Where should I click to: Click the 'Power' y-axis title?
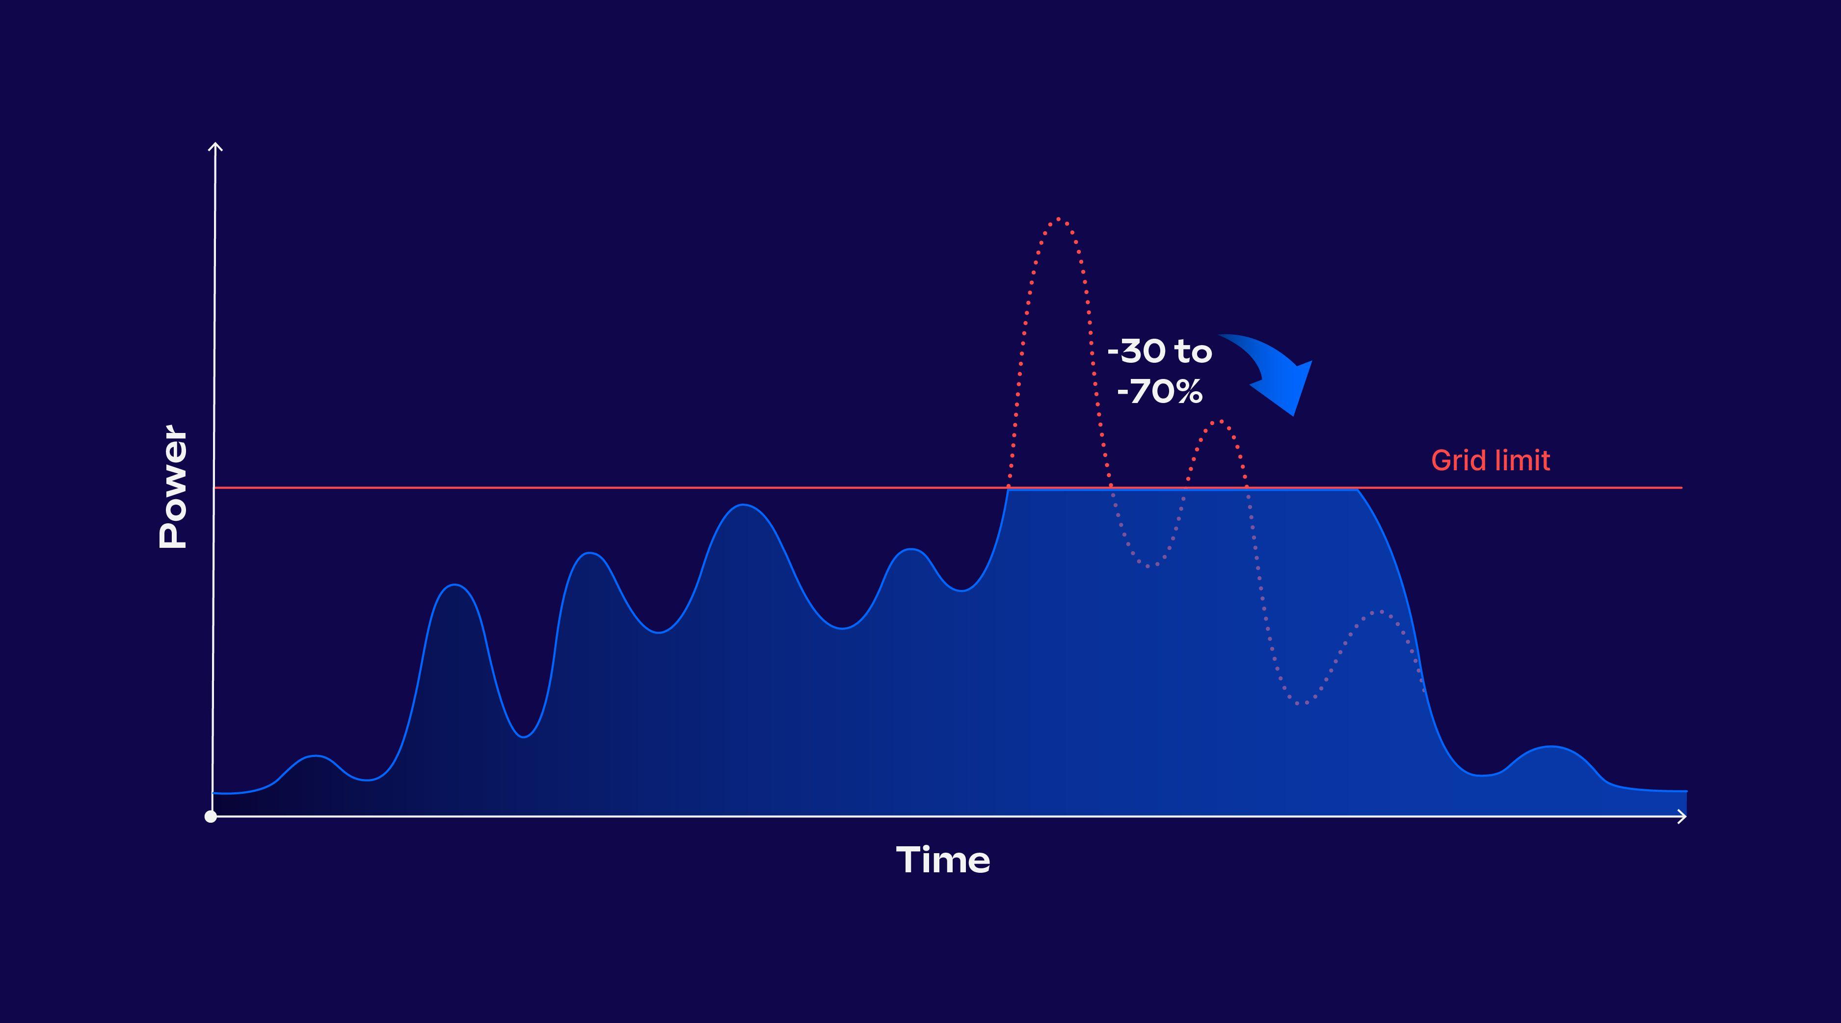173,487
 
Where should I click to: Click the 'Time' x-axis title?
943,860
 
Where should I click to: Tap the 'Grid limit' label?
1491,460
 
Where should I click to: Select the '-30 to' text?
1159,351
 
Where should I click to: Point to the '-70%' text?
1159,392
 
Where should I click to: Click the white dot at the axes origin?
210,816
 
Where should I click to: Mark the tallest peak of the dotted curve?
1059,219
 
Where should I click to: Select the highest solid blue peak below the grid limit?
743,505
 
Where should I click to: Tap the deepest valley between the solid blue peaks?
524,737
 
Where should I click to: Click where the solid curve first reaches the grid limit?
1008,489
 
